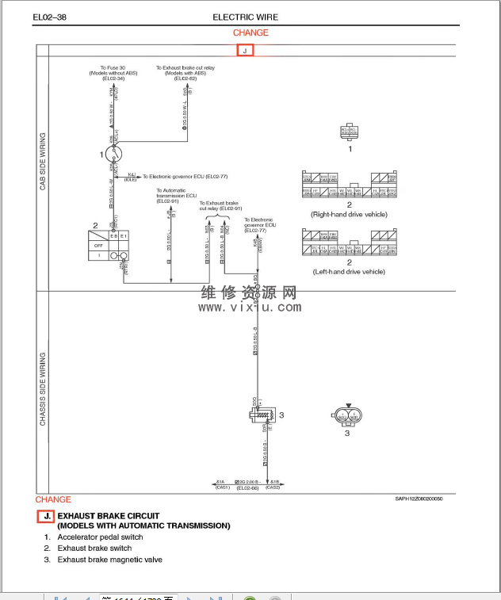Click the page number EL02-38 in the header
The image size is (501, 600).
tap(48, 17)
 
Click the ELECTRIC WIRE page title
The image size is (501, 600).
tap(246, 17)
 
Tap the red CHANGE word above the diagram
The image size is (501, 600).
tap(250, 32)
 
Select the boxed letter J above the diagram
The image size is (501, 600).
tap(245, 50)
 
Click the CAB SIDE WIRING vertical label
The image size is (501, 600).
tap(43, 162)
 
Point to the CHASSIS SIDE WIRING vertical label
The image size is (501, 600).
tap(43, 388)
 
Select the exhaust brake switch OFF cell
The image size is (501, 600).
tap(98, 245)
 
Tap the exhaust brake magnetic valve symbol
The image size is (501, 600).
tap(261, 415)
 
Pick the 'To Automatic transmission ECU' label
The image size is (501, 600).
tap(171, 195)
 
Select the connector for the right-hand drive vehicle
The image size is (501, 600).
tap(350, 185)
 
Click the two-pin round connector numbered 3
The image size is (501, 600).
tap(347, 415)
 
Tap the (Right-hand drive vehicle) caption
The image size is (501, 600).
tap(350, 215)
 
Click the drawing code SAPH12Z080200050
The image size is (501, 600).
tap(419, 499)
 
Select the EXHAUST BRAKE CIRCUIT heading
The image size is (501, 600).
tap(109, 516)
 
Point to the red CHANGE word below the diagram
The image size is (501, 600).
tap(53, 499)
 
